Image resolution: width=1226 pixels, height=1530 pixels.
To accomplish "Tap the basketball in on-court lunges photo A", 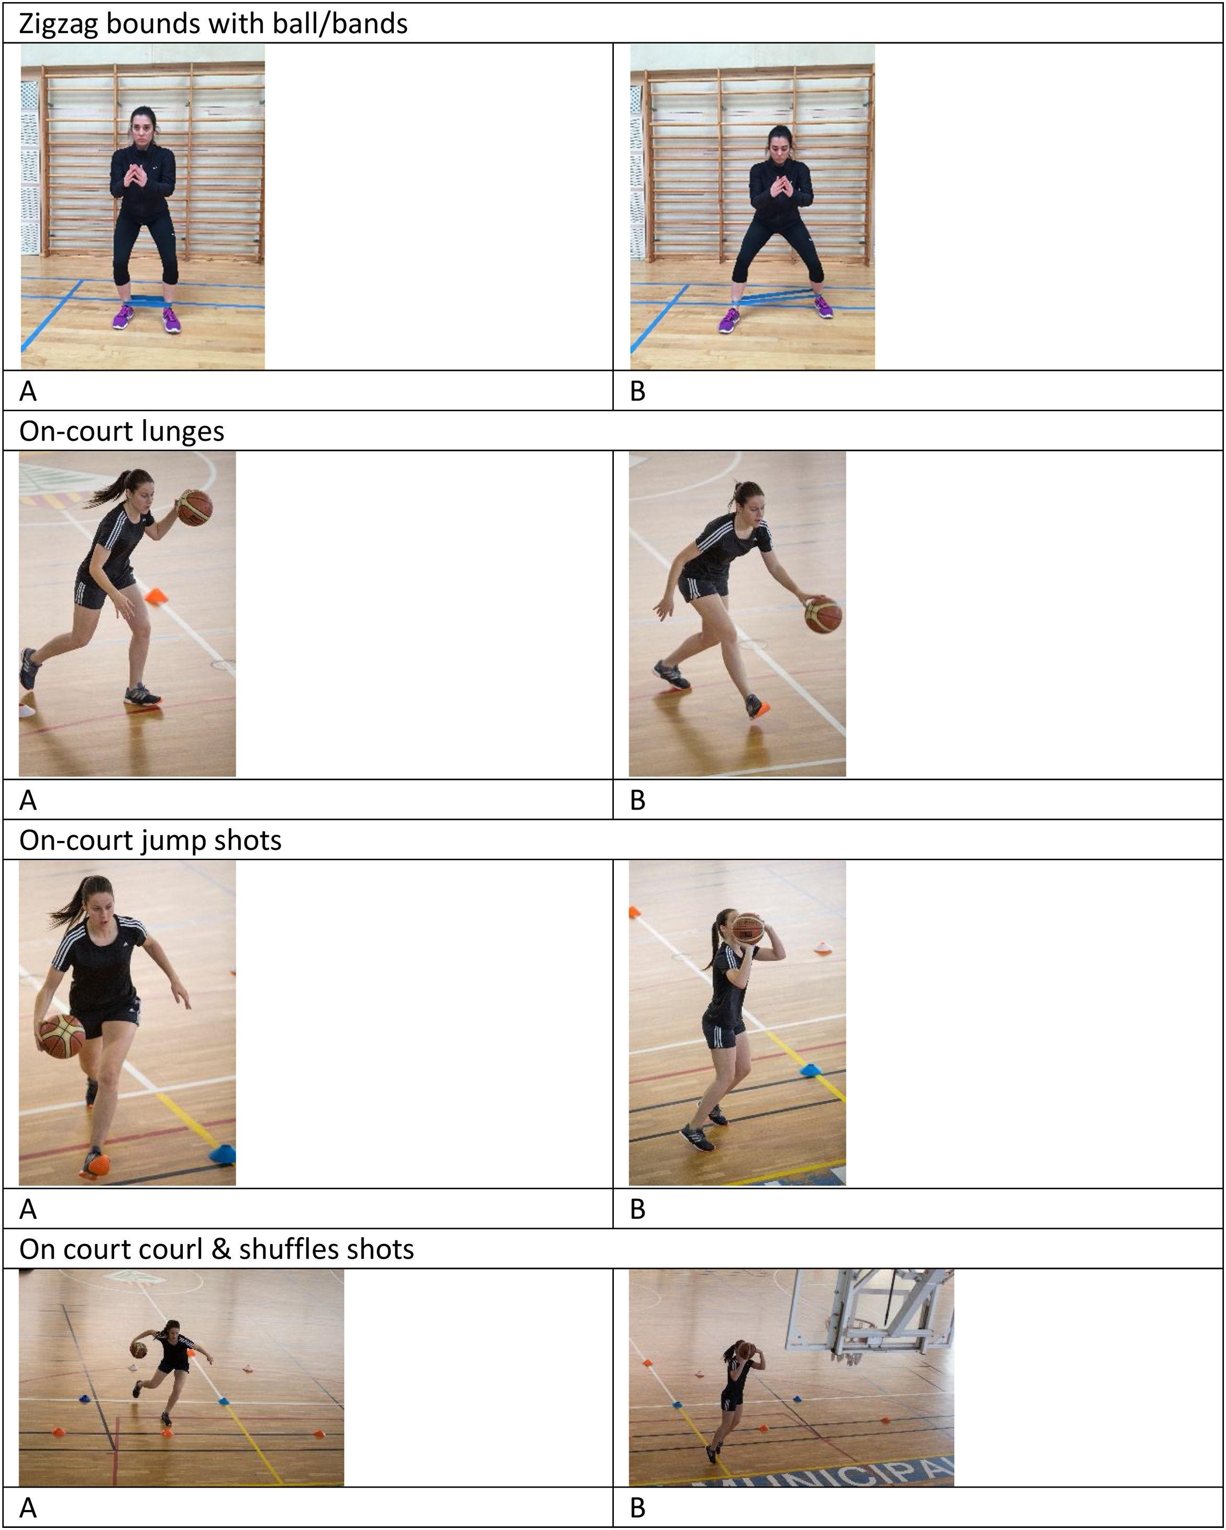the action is pyautogui.click(x=194, y=507).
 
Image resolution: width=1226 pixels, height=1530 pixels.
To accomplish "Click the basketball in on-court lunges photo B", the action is pyautogui.click(x=823, y=615).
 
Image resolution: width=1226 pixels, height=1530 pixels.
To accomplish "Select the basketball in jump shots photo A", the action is pyautogui.click(x=62, y=1036).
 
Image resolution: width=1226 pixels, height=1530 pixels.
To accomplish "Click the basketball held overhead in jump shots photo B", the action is pyautogui.click(x=747, y=929).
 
